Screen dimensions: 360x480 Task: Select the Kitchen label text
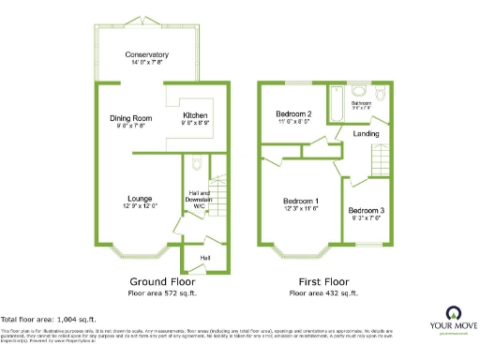(195, 115)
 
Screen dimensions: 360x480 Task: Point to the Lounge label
(142, 198)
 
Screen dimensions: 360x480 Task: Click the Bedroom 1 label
(301, 202)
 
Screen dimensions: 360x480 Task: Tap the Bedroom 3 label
(366, 211)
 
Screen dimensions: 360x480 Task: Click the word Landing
(366, 134)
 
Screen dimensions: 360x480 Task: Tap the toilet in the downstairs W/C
(193, 165)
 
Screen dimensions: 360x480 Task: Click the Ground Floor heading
(160, 281)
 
